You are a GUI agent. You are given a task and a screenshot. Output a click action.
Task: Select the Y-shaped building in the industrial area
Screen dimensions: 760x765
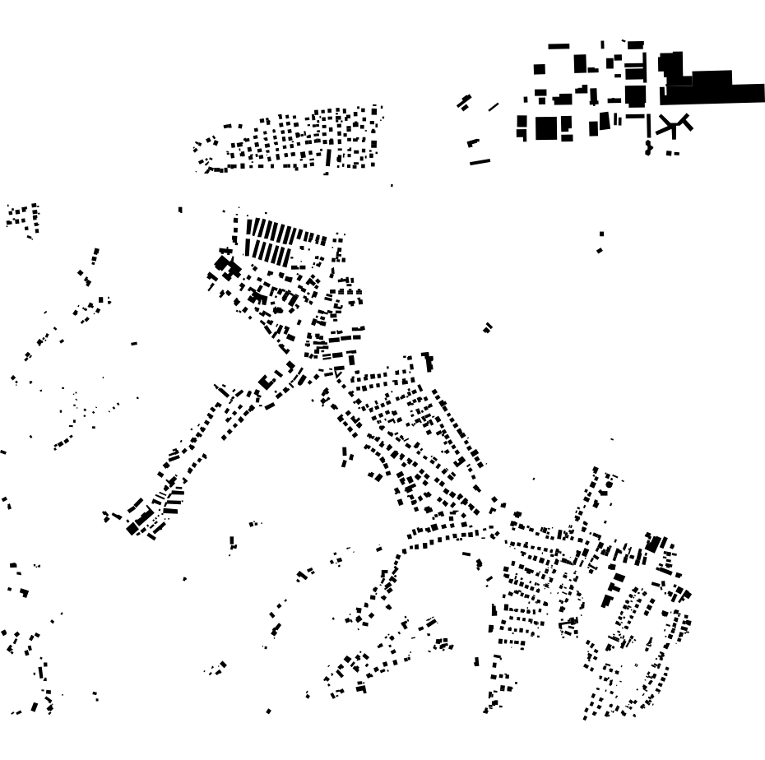click(x=674, y=126)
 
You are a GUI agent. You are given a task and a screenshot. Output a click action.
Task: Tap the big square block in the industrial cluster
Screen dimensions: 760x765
click(x=546, y=128)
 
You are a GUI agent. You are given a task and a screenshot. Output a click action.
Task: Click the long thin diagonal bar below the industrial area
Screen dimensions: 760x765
click(x=480, y=162)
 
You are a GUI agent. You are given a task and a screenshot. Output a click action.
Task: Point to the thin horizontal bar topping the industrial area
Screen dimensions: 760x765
click(x=559, y=46)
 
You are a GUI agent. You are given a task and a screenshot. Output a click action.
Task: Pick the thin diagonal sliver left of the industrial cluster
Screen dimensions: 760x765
click(x=494, y=107)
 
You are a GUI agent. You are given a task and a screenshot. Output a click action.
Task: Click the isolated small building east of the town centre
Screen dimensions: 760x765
click(x=488, y=327)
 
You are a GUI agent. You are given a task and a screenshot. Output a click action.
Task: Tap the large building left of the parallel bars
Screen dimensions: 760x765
click(x=223, y=264)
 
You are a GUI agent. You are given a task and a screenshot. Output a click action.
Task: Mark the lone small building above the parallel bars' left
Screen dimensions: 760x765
click(x=180, y=210)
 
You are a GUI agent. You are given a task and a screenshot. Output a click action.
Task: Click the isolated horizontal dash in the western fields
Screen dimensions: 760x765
click(x=134, y=343)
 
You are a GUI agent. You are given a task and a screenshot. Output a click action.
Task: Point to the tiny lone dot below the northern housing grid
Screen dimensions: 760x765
click(x=392, y=186)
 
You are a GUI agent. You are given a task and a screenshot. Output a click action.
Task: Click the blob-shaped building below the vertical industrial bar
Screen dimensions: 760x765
click(x=648, y=149)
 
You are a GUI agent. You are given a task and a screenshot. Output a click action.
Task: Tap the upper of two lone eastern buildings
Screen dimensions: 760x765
click(x=601, y=234)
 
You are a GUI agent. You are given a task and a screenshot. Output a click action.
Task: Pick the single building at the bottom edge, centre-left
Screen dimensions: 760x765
click(x=268, y=711)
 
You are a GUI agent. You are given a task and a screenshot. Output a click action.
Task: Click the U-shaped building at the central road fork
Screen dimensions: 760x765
click(x=267, y=381)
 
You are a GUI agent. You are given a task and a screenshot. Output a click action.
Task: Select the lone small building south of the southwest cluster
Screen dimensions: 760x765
click(x=184, y=579)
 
